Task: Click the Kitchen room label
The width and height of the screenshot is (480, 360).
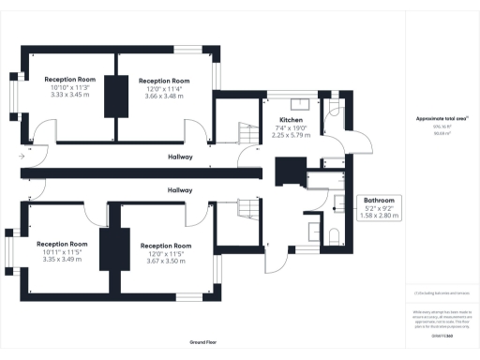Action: tap(291, 121)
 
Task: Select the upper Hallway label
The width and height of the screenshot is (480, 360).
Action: tap(181, 157)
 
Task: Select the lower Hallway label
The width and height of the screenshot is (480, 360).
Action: tap(180, 190)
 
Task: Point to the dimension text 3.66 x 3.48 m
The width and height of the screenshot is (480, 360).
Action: tap(165, 96)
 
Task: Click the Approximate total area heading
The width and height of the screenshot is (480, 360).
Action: tap(441, 118)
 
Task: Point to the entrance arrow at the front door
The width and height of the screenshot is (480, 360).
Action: tap(21, 157)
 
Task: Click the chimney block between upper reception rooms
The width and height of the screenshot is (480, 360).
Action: tap(117, 95)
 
